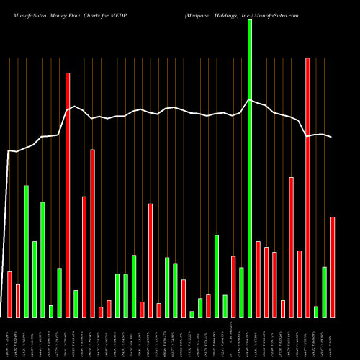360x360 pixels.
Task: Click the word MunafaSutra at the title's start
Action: [27, 14]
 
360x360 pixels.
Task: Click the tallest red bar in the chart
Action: [307, 187]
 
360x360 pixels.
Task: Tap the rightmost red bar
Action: [333, 266]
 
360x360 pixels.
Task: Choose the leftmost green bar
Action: [27, 251]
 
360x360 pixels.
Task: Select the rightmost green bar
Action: [324, 292]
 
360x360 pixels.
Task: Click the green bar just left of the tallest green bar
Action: [241, 292]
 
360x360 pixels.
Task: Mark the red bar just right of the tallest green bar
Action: [258, 279]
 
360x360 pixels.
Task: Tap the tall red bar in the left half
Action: [68, 194]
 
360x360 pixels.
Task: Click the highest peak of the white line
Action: [249, 100]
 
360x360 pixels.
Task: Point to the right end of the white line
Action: [332, 137]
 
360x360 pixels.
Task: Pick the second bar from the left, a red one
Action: [18, 300]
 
